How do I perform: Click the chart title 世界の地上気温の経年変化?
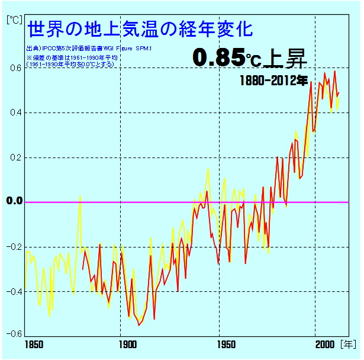(141, 28)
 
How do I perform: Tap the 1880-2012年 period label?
(273, 79)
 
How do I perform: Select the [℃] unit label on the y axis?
(14, 19)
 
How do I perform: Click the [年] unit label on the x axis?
(348, 344)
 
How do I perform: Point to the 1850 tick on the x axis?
(27, 344)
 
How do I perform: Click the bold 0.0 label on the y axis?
(14, 201)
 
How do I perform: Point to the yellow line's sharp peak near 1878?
(80, 196)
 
